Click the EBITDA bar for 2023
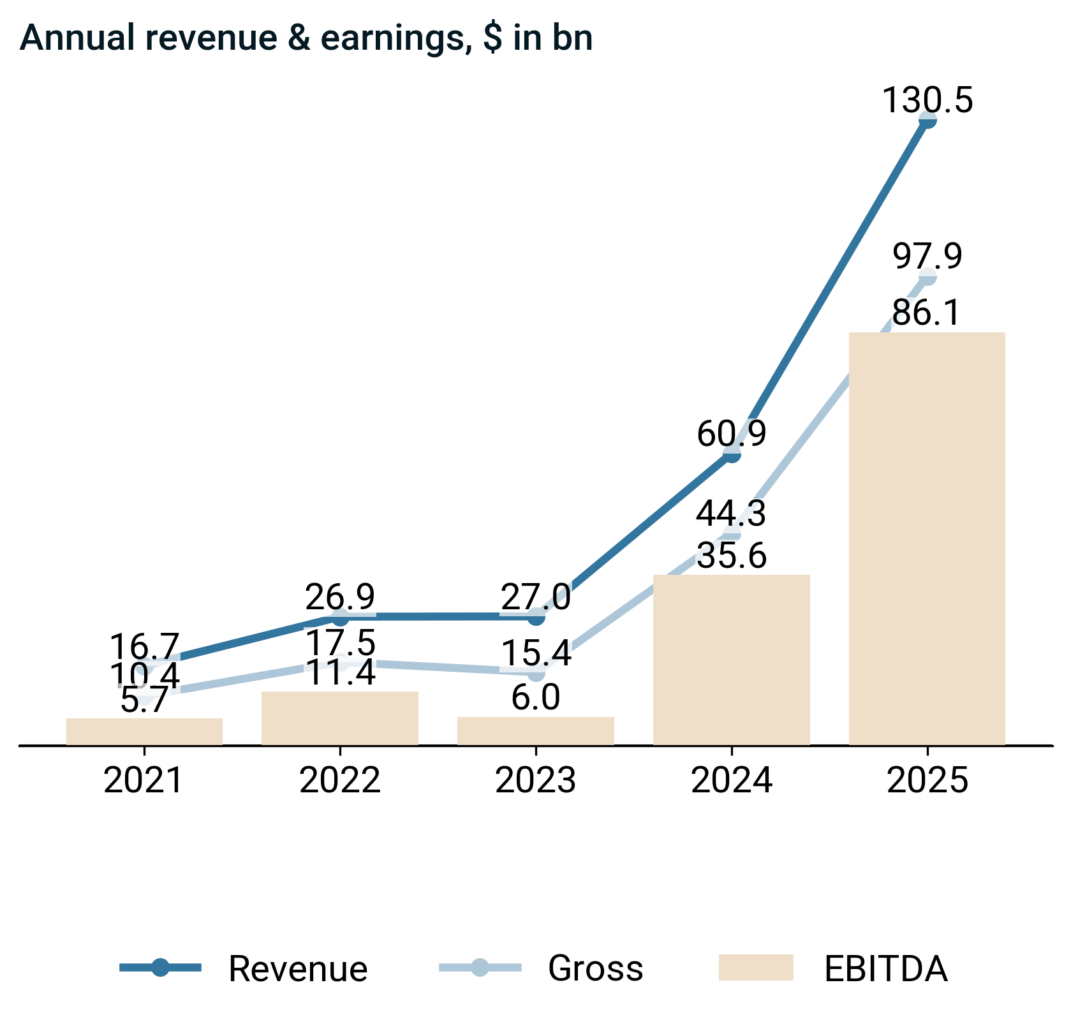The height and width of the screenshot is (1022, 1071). click(x=536, y=730)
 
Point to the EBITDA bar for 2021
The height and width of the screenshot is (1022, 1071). click(x=144, y=731)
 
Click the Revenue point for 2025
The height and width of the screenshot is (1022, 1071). click(x=927, y=120)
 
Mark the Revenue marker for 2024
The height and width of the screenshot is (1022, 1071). click(x=732, y=454)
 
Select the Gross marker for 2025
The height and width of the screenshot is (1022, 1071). click(x=927, y=277)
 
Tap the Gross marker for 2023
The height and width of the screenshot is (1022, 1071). click(x=536, y=672)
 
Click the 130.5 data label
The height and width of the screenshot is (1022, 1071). click(x=927, y=101)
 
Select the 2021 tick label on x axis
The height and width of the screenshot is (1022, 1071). click(x=144, y=780)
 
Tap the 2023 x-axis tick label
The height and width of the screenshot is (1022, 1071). click(x=536, y=780)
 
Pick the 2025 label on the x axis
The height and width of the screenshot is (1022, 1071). click(x=927, y=780)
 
